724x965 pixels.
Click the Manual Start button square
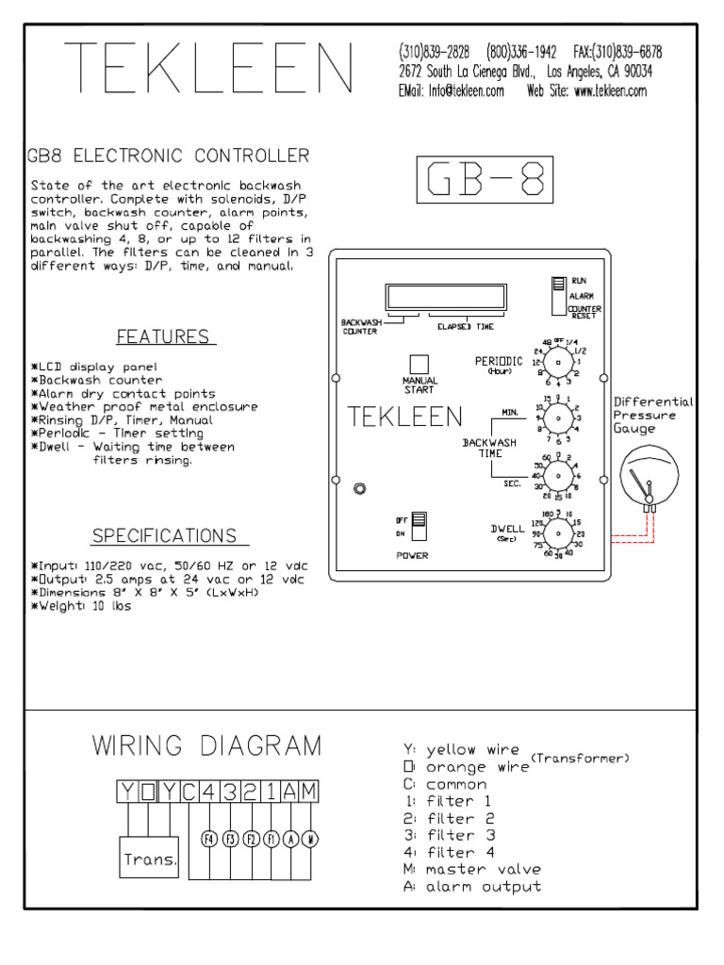420,365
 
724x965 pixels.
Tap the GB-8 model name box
484,180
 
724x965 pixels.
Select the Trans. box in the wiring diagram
150,859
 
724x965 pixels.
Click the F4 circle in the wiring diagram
210,838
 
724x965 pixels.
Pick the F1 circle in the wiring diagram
271,838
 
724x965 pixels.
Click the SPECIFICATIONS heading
164,536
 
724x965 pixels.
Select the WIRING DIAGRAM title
206,746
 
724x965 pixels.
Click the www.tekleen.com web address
609,91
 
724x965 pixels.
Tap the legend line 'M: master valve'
471,869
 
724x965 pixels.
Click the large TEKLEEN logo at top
209,71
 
